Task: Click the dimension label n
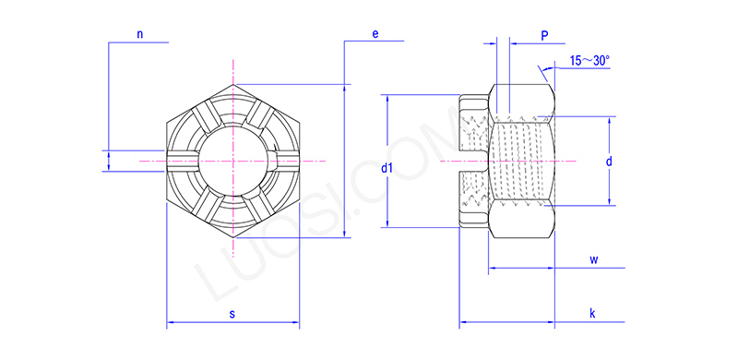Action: click(140, 34)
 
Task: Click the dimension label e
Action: click(375, 34)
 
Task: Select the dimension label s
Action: click(232, 315)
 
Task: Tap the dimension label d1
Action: click(387, 168)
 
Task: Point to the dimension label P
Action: click(545, 35)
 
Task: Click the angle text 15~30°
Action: click(589, 61)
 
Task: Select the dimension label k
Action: click(592, 314)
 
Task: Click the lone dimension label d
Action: click(609, 162)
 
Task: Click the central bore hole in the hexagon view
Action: click(233, 162)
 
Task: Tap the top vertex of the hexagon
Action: click(233, 84)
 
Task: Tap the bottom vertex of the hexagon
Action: click(233, 239)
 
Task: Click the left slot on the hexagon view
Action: click(183, 162)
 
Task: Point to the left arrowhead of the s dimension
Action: click(170, 324)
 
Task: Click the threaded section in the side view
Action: click(521, 162)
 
